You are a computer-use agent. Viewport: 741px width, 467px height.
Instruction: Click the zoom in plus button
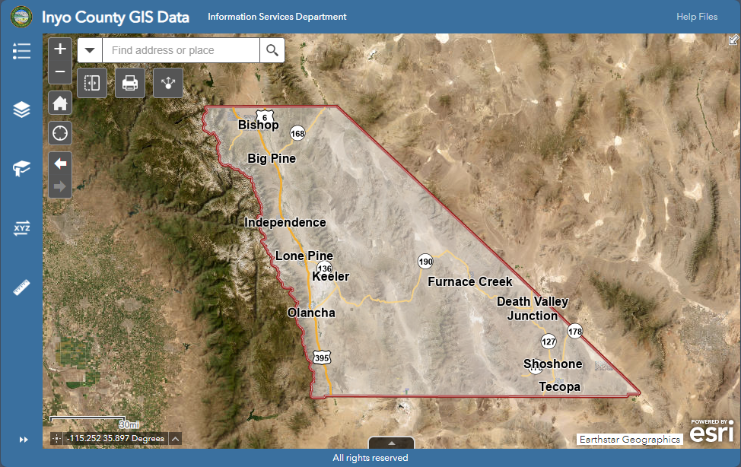(60, 49)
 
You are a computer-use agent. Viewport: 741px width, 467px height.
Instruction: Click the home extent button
(60, 103)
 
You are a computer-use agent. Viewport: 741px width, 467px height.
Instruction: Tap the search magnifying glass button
(272, 50)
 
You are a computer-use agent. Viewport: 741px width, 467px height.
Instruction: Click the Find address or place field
(181, 50)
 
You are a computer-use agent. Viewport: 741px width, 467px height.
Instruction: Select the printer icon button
(130, 83)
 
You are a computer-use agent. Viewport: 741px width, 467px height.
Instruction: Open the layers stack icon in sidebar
(21, 110)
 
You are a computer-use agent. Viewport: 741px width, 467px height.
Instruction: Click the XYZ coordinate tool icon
(21, 227)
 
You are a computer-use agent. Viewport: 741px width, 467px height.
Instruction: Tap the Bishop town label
(259, 125)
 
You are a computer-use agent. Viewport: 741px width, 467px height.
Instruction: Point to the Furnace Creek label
(469, 281)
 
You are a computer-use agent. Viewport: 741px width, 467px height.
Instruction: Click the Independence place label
(285, 222)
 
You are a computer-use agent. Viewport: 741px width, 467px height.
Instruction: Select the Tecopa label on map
(560, 386)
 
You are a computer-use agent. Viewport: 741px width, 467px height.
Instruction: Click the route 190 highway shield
(425, 262)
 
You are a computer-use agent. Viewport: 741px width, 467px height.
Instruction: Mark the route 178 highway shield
(574, 331)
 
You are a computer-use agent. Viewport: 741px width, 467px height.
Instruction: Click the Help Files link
(697, 17)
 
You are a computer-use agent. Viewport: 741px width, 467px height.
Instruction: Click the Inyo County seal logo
(22, 16)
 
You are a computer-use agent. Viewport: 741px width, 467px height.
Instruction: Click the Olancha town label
(311, 313)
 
